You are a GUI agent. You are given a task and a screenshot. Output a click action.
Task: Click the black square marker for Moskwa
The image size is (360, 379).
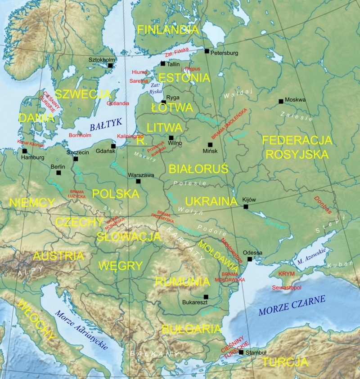click(281, 101)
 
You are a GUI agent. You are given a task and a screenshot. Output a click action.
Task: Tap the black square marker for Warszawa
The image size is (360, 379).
click(138, 181)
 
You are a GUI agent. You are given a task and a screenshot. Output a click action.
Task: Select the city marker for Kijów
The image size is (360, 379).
click(246, 207)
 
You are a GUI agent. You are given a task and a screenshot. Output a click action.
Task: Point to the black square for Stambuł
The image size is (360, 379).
click(241, 352)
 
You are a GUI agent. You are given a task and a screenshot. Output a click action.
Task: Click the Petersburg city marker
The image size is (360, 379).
click(207, 51)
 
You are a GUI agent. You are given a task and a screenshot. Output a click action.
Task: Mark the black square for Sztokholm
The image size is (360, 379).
click(110, 66)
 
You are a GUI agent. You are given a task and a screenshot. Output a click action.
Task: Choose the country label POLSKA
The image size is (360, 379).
click(115, 194)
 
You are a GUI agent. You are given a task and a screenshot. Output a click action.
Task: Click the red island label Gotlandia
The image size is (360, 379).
click(118, 103)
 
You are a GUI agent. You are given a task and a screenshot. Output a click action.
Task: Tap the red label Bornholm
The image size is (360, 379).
click(81, 135)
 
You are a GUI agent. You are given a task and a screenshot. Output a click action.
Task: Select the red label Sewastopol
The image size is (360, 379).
click(287, 287)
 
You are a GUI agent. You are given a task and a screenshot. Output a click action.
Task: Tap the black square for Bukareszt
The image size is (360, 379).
click(206, 297)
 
